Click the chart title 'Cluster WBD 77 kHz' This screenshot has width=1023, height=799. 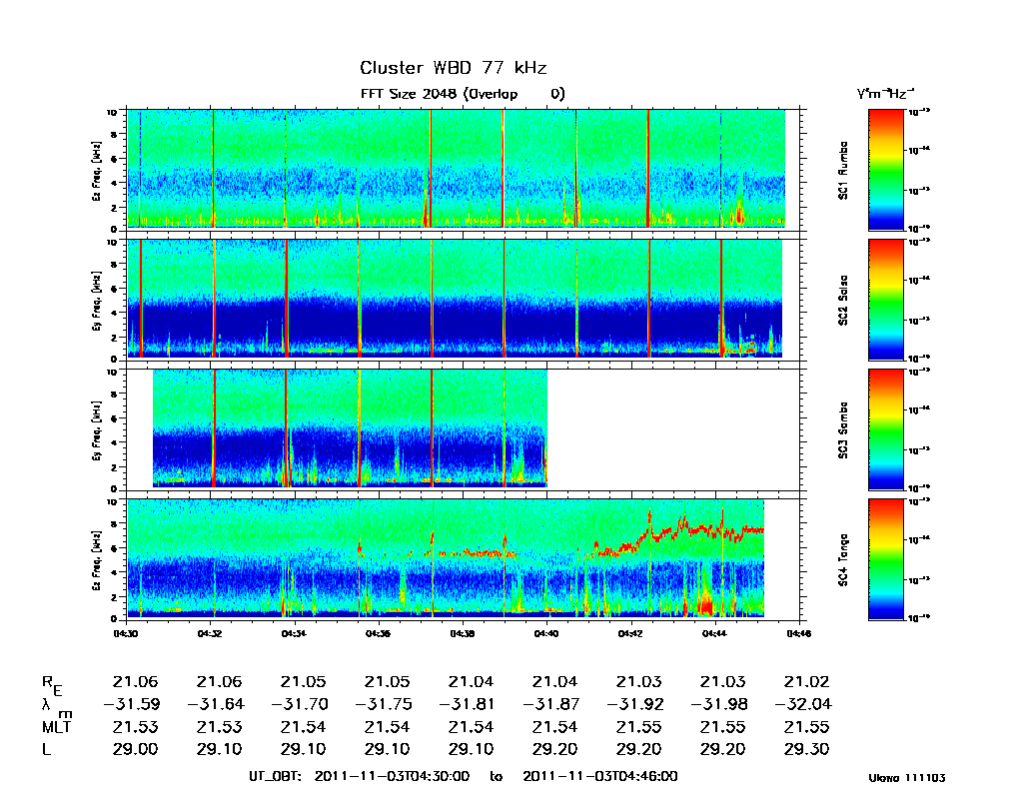[x=453, y=68]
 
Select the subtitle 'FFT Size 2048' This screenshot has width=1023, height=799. [x=403, y=94]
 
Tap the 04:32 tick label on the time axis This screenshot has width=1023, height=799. [x=210, y=632]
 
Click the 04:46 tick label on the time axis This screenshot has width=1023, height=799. [x=797, y=632]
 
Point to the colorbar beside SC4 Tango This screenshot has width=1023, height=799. [x=885, y=558]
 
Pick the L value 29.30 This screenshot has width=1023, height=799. [x=807, y=749]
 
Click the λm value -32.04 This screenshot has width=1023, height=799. [x=802, y=704]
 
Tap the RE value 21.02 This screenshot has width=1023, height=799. [x=807, y=682]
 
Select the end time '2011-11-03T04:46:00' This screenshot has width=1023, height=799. [x=600, y=776]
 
